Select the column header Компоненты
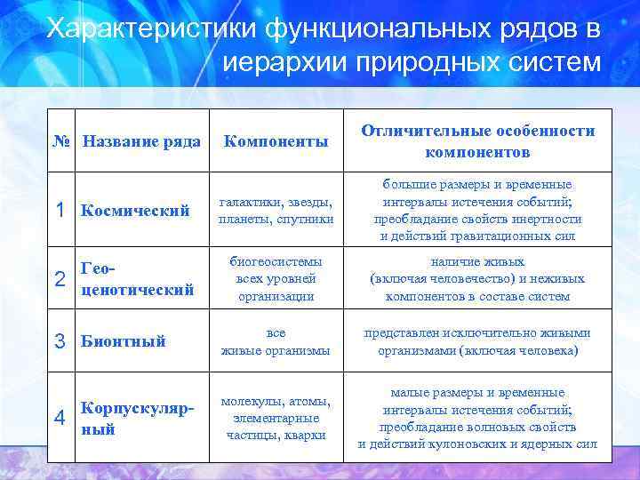pyautogui.click(x=276, y=140)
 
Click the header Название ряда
pyautogui.click(x=142, y=140)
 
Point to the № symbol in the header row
pyautogui.click(x=62, y=140)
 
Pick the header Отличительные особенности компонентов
pyautogui.click(x=477, y=140)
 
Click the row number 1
pyautogui.click(x=60, y=211)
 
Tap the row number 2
pyautogui.click(x=60, y=279)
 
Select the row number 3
pyautogui.click(x=60, y=340)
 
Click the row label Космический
pyautogui.click(x=135, y=211)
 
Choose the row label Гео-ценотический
pyautogui.click(x=137, y=279)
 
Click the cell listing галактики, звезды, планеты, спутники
pyautogui.click(x=276, y=211)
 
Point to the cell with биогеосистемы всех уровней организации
pyautogui.click(x=276, y=279)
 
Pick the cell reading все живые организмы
pyautogui.click(x=276, y=341)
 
